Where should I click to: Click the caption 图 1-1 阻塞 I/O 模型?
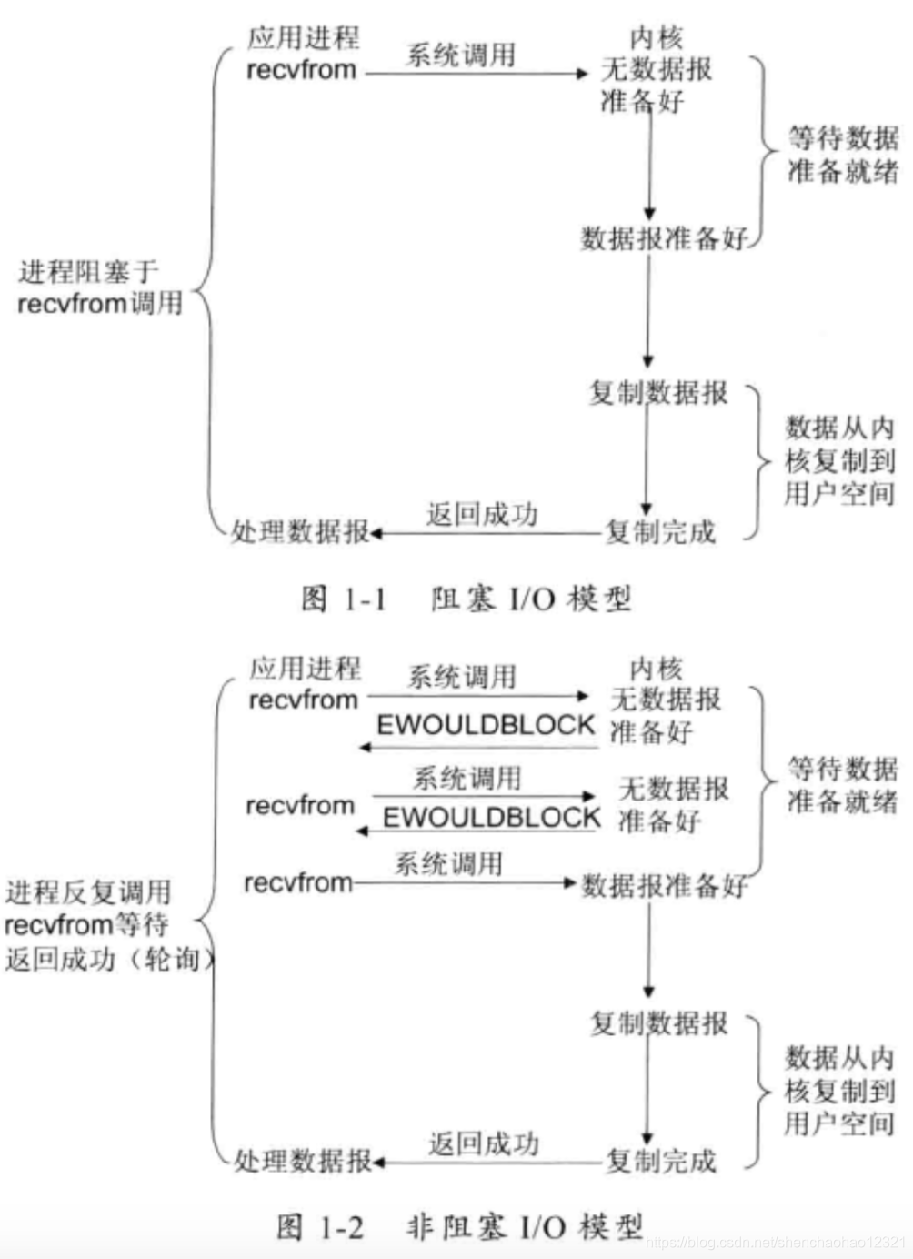click(466, 599)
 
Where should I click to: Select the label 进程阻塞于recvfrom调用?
click(100, 287)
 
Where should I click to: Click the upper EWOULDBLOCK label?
click(486, 725)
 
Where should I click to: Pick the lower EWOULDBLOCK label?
click(491, 817)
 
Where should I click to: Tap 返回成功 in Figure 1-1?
click(482, 515)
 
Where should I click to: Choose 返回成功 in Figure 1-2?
click(484, 1143)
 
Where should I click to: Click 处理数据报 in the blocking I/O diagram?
click(300, 532)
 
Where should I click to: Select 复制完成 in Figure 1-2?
click(661, 1161)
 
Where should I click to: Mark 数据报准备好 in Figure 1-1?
click(664, 239)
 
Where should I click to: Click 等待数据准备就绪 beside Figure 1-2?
click(842, 785)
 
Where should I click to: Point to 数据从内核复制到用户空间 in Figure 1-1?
click(839, 461)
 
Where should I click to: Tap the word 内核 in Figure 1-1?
click(656, 38)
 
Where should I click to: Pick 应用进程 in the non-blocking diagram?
click(305, 669)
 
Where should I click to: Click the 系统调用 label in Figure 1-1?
click(460, 55)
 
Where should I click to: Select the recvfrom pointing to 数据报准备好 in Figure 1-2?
click(298, 882)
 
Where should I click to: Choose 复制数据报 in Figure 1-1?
click(658, 393)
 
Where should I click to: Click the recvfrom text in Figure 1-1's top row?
click(301, 70)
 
